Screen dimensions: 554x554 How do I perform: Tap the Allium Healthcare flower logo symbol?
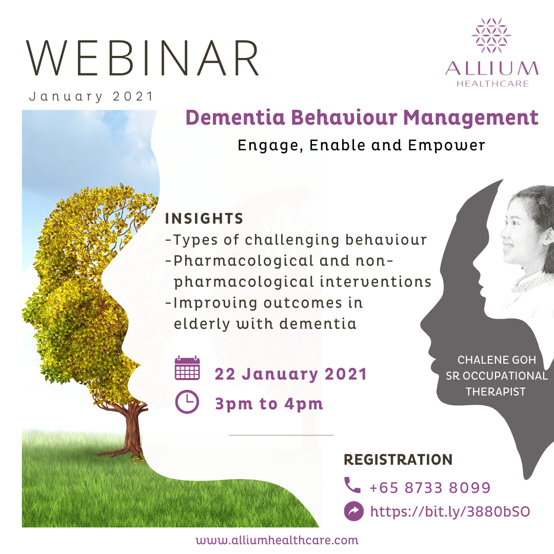(491, 35)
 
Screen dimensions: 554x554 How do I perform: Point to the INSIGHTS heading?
(204, 219)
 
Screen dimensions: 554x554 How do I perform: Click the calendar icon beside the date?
(187, 369)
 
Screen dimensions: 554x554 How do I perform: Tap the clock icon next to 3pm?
(187, 402)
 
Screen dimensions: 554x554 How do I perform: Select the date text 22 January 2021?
(291, 374)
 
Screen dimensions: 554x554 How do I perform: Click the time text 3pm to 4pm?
(269, 404)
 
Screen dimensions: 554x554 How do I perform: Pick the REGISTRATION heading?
(398, 460)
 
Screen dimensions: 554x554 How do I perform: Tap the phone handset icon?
(352, 485)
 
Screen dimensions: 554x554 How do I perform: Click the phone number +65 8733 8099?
(430, 487)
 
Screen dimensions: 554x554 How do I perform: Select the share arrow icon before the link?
(353, 511)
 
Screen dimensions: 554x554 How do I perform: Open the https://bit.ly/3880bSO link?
(449, 511)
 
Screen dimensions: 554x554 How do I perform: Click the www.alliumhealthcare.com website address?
(277, 540)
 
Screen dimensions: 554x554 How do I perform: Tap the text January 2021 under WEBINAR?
(91, 96)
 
